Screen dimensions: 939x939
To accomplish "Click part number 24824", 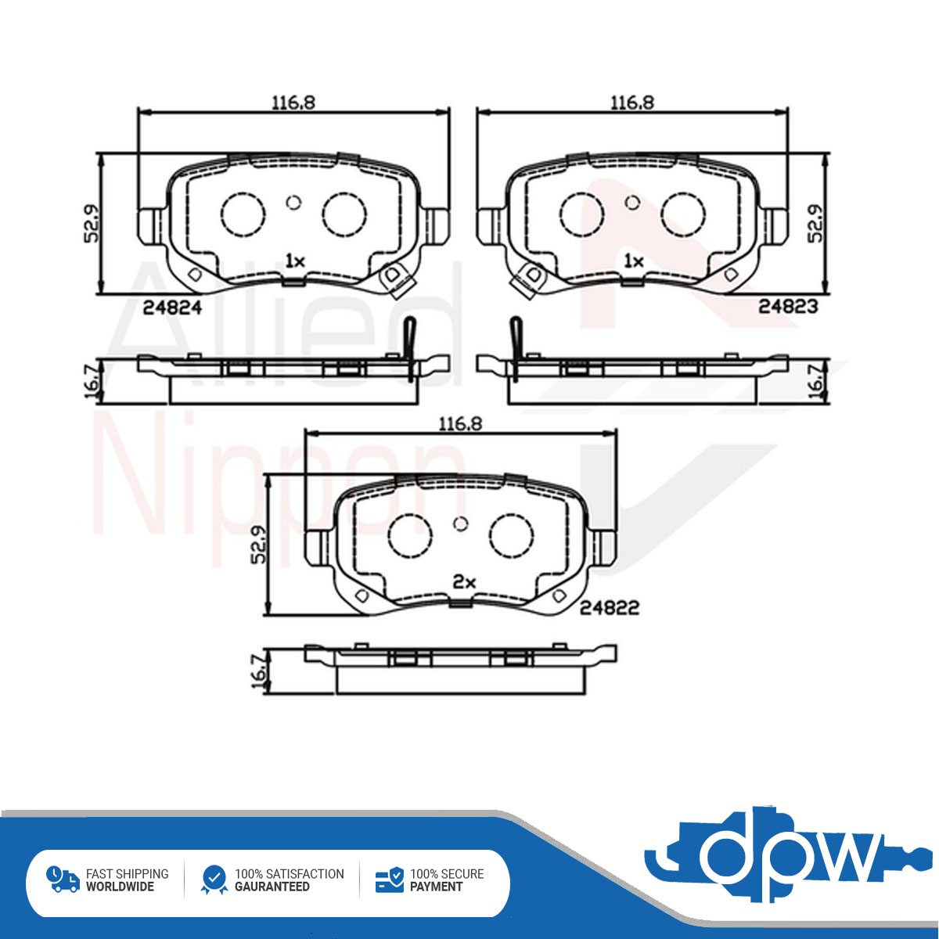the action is (172, 308).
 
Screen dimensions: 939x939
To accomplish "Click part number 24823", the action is (788, 306).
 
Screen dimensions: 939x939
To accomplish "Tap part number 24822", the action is (609, 608).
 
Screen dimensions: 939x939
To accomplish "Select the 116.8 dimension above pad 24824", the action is (293, 103).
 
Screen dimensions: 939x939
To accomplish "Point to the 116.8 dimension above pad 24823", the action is (632, 103).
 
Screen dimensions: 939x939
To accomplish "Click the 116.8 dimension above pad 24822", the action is (460, 424).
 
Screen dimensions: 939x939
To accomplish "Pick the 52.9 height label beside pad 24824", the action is (91, 223).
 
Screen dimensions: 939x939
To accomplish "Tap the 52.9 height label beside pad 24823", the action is (815, 223).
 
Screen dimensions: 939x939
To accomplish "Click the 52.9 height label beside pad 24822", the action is (258, 545).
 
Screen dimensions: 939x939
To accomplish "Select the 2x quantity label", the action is (464, 582).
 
